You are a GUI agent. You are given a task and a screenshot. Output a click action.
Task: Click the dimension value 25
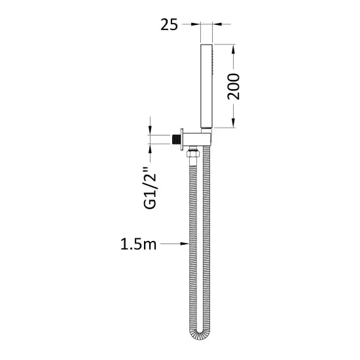[x=170, y=25]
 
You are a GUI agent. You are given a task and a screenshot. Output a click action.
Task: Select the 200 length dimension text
[x=233, y=86]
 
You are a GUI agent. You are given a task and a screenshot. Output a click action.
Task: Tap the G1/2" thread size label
[x=150, y=189]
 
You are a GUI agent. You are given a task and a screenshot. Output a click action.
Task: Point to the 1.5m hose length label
[x=139, y=244]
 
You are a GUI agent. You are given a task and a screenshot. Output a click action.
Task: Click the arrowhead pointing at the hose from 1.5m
[x=185, y=243]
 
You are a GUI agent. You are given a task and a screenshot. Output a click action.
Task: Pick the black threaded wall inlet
[x=176, y=139]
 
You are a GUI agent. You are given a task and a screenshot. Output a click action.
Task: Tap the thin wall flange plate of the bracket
[x=182, y=139]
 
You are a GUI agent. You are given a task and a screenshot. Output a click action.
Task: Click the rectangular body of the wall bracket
[x=197, y=139]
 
